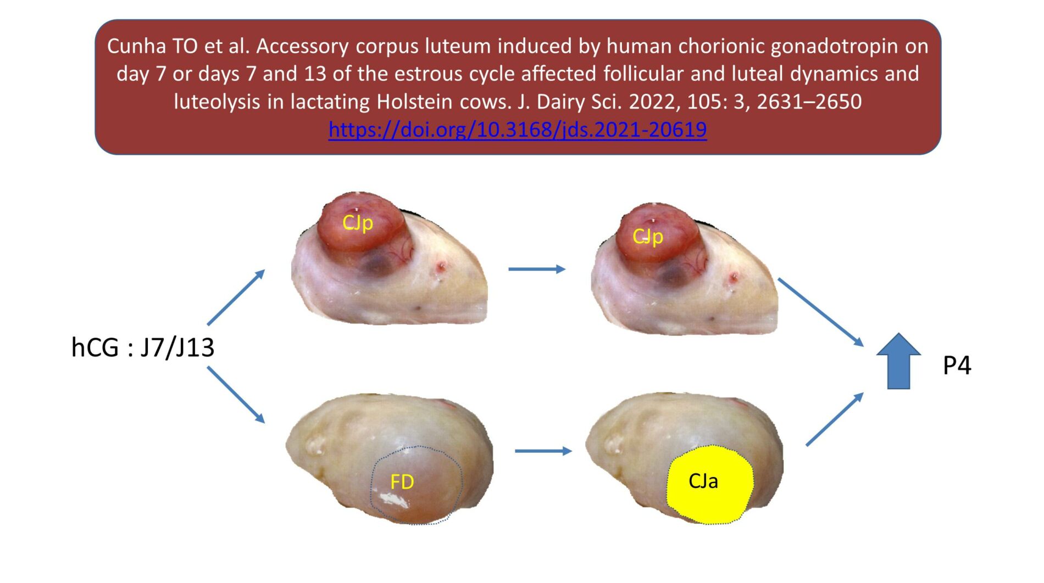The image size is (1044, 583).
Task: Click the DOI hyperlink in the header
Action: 517,130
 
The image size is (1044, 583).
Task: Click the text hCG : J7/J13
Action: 142,347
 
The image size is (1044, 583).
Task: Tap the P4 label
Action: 957,366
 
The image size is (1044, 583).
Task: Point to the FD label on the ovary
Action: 402,482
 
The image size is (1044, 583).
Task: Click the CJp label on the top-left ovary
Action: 357,223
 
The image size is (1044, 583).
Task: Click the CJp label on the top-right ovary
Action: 647,237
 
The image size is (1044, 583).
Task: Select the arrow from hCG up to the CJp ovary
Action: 236,297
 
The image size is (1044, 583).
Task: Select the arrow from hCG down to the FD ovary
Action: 236,395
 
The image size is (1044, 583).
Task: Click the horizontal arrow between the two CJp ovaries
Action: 536,269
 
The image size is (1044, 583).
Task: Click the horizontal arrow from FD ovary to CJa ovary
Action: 543,451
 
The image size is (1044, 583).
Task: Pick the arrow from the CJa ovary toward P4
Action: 835,419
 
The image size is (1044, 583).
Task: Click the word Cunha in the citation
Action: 136,46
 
